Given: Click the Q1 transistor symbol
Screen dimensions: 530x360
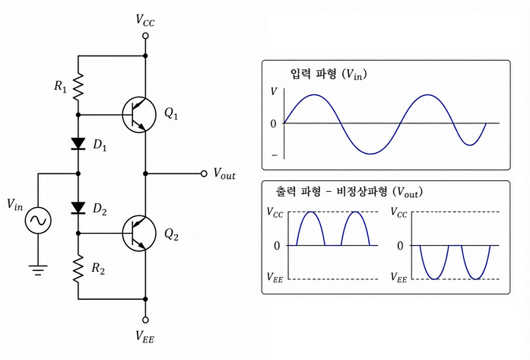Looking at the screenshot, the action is coord(139,115).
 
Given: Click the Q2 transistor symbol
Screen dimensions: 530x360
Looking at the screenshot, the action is coord(139,234).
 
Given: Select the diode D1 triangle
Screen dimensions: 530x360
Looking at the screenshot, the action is coord(78,143).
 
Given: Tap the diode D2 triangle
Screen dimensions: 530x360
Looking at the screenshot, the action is coord(78,208).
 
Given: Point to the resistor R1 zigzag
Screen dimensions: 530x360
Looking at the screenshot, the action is coord(78,86).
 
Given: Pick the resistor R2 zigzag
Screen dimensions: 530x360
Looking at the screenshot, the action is coord(78,269).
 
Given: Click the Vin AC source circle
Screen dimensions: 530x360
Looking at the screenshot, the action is coord(38,220).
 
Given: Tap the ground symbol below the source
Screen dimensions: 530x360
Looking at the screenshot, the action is coord(38,270).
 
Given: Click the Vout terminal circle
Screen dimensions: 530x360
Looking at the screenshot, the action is coord(204,174).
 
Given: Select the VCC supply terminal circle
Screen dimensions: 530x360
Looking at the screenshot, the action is coord(146,36).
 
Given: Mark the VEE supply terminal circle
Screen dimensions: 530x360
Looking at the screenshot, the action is coord(146,320).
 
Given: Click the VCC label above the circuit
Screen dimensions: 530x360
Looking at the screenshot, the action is coord(145,21).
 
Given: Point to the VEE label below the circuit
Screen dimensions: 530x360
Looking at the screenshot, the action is coord(145,336).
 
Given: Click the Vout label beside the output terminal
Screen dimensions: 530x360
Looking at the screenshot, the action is coord(224,174).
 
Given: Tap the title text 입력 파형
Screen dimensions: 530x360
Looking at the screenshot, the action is coord(313,74).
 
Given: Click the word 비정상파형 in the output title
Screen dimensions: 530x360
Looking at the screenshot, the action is coord(362,193).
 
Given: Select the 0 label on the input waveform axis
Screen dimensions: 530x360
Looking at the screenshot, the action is coord(274,124).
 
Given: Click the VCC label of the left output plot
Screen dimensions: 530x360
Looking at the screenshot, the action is coord(275,212).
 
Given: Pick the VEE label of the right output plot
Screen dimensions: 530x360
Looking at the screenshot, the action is coord(399,278).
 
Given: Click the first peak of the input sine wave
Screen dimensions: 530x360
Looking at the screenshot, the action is coord(314,94).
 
